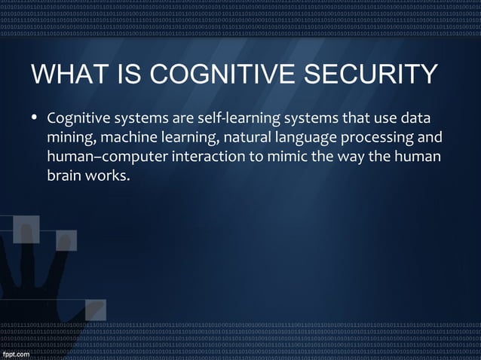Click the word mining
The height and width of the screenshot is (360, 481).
click(69, 139)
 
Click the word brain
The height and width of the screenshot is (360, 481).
click(63, 178)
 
